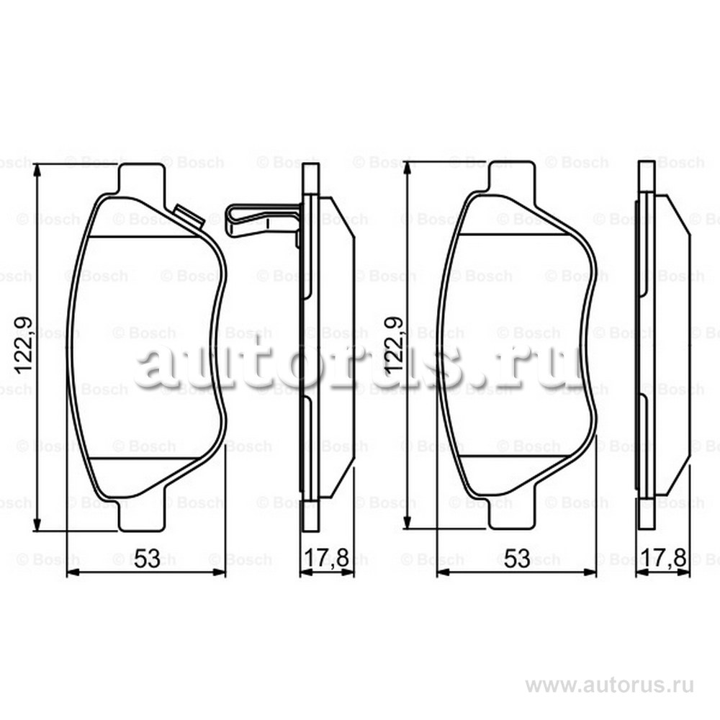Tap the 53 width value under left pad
[146, 559]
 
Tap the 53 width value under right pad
[517, 559]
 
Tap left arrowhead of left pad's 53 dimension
[71, 573]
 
